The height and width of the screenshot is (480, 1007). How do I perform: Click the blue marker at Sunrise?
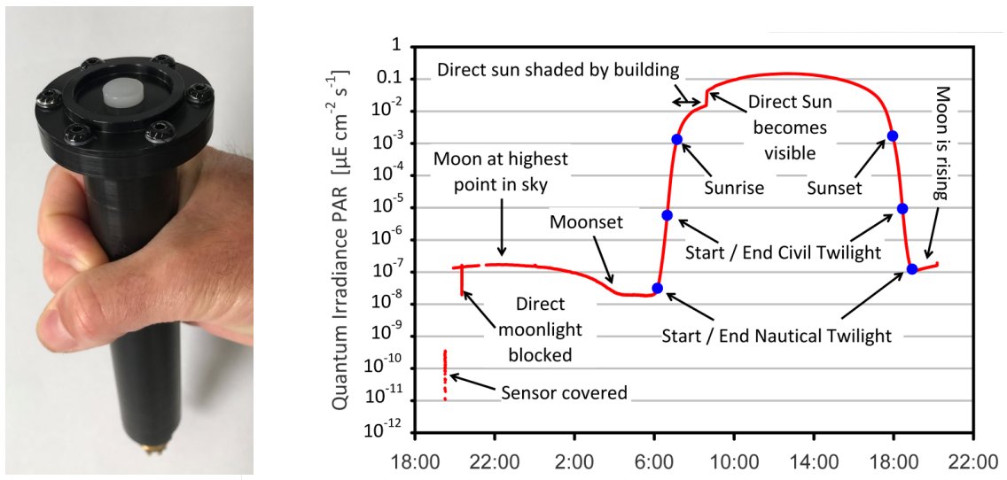pos(676,139)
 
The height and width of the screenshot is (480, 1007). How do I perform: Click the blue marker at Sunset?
pos(892,135)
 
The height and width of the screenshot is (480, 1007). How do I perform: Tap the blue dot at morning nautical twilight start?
pos(656,288)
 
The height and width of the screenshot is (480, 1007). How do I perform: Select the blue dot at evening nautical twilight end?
pos(911,268)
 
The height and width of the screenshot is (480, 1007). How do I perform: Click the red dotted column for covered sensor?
pos(444,375)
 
